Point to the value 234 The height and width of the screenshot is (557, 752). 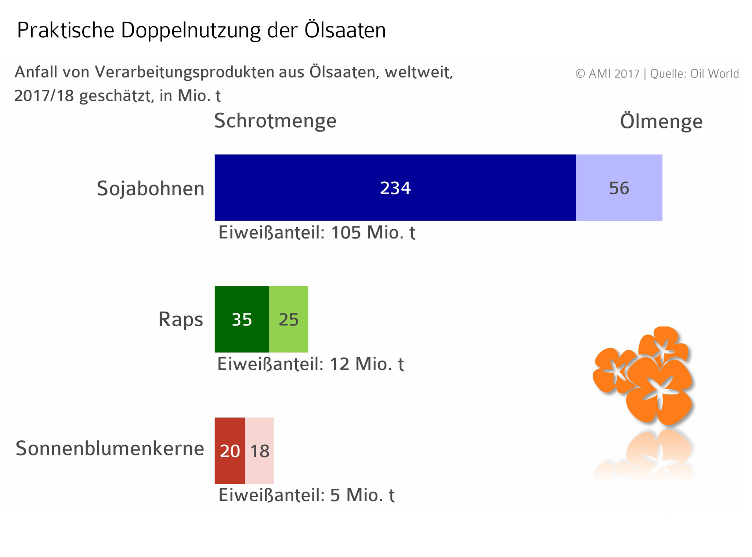[395, 188]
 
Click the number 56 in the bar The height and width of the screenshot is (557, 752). [619, 188]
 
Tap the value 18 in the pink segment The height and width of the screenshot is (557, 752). [260, 451]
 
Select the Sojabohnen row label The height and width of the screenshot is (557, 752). [151, 189]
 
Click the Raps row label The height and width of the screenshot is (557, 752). [181, 319]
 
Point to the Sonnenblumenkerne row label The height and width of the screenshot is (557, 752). [110, 448]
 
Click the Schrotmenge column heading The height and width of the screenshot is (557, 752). [275, 121]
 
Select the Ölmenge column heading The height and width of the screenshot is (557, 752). [661, 121]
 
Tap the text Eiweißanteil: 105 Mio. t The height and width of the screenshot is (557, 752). [317, 233]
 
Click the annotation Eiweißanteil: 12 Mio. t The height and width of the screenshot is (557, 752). [311, 364]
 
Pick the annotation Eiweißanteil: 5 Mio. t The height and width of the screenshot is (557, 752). [306, 495]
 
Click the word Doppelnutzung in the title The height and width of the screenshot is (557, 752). [191, 30]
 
